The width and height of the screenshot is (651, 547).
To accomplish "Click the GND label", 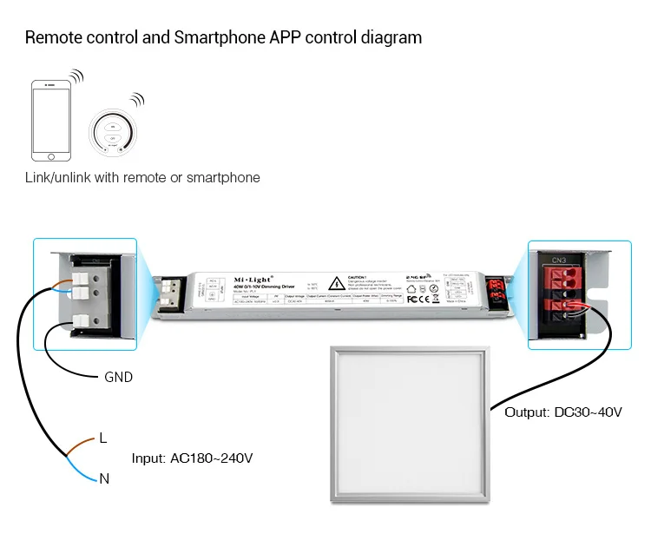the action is pyautogui.click(x=118, y=378).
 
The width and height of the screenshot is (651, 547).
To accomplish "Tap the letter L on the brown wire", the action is pyautogui.click(x=103, y=438).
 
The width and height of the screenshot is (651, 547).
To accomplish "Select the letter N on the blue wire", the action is pyautogui.click(x=103, y=477).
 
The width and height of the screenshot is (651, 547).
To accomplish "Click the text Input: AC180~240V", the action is pyautogui.click(x=192, y=458).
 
